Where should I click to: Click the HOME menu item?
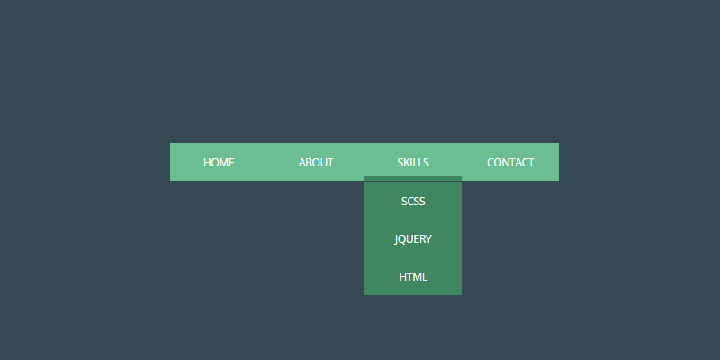(x=219, y=163)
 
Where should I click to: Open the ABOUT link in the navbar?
(x=316, y=163)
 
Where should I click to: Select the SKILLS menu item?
(x=413, y=163)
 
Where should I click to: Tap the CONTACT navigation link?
(x=510, y=163)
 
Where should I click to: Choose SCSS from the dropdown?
(x=413, y=202)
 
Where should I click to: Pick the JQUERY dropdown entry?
(x=413, y=239)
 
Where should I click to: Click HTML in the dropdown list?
(x=413, y=277)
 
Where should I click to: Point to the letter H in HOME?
(x=207, y=163)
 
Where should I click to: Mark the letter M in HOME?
(x=224, y=163)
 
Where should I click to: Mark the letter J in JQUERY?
(x=397, y=239)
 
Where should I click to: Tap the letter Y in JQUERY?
(x=428, y=239)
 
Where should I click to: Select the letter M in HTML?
(x=417, y=277)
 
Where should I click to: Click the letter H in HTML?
(x=403, y=277)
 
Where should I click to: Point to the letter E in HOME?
(x=231, y=163)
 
